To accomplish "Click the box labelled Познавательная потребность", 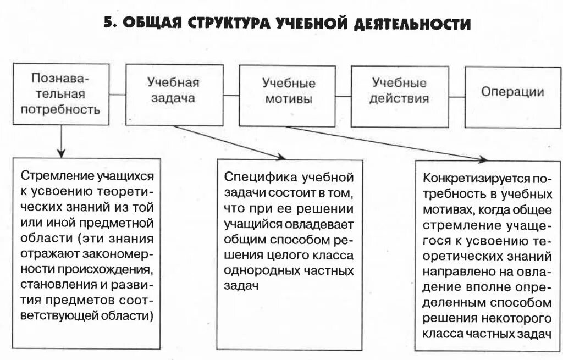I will [x=60, y=93].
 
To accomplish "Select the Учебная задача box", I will [x=174, y=93].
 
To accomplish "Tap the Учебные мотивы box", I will [x=288, y=93].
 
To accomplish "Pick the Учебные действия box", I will [x=399, y=93].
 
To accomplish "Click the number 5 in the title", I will [x=109, y=24].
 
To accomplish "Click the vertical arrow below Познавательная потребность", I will [x=60, y=140].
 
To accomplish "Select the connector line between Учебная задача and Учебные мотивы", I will [x=231, y=95].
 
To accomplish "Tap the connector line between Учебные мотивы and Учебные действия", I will [x=344, y=95].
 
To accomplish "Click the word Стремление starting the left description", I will [x=50, y=176].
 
